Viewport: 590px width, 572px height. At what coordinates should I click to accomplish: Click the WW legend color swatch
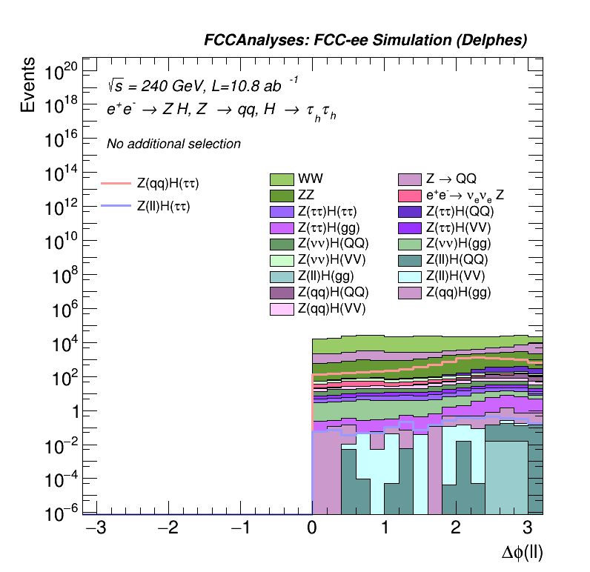(282, 179)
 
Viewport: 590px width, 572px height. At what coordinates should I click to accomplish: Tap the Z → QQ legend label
(450, 179)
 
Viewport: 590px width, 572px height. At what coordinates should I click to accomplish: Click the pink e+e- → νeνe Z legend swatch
(410, 196)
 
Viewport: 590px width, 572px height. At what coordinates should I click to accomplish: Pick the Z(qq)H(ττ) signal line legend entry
(168, 182)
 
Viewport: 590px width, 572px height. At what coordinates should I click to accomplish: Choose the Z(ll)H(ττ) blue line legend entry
(163, 207)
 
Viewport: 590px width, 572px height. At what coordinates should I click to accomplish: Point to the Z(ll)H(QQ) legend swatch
(410, 260)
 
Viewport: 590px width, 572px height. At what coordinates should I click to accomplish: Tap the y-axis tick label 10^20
(61, 72)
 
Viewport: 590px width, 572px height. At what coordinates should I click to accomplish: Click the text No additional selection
(173, 144)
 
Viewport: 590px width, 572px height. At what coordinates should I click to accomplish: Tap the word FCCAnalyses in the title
(248, 41)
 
